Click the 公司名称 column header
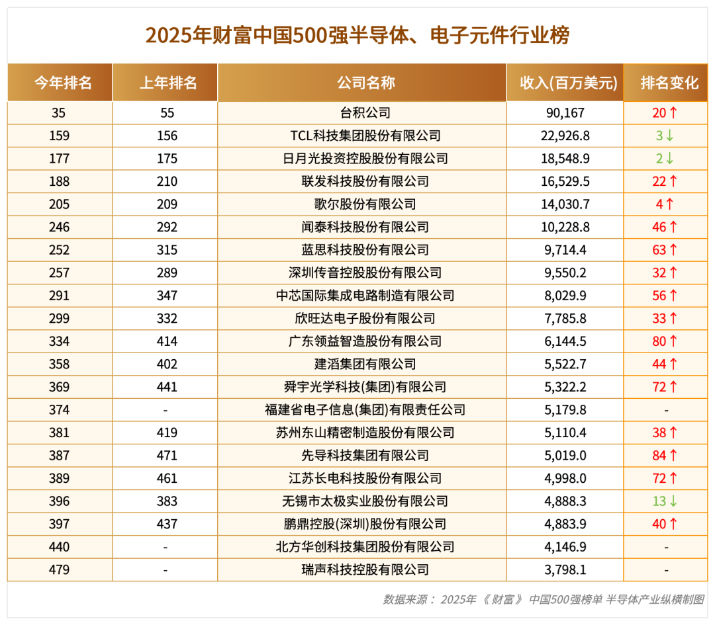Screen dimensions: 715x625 [365, 83]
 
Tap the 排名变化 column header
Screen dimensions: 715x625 [669, 83]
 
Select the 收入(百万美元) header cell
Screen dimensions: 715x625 [568, 83]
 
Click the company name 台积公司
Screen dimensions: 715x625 [365, 112]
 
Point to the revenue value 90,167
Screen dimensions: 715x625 [565, 112]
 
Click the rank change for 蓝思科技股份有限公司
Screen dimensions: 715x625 [665, 249]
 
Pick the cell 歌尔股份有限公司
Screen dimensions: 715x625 [365, 204]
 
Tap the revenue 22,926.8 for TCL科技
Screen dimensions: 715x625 [565, 136]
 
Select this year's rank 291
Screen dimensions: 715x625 [60, 295]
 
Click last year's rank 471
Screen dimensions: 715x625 [167, 455]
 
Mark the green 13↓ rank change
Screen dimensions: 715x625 [665, 501]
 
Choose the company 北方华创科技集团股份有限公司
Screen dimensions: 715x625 [365, 547]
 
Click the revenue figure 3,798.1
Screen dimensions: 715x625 [565, 569]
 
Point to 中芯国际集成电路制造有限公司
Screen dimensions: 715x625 [365, 295]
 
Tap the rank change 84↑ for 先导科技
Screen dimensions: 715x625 [665, 455]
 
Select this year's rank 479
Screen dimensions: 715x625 [60, 569]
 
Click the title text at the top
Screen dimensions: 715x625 [358, 35]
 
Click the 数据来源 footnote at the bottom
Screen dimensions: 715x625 [544, 599]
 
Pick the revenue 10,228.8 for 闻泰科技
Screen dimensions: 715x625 [565, 227]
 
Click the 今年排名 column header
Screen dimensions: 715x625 [63, 83]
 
